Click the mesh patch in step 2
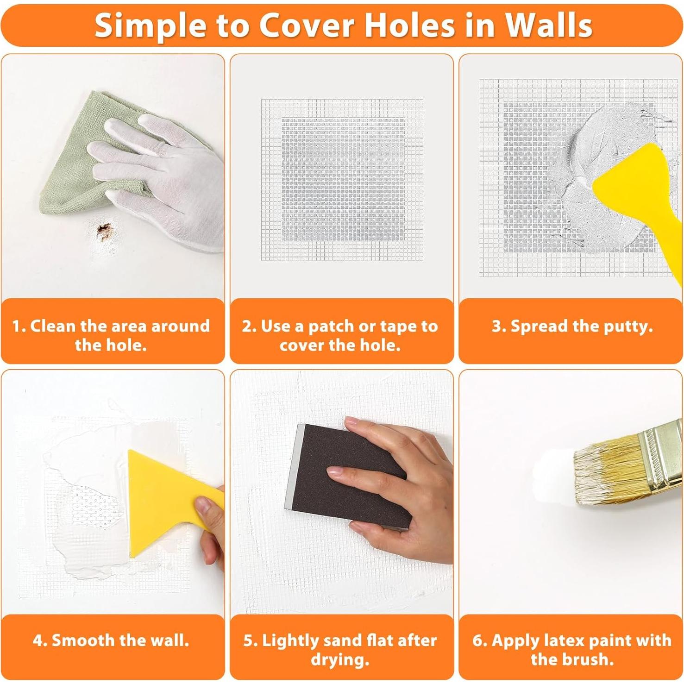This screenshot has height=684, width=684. tap(342, 179)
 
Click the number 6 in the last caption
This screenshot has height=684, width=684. tap(477, 640)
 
